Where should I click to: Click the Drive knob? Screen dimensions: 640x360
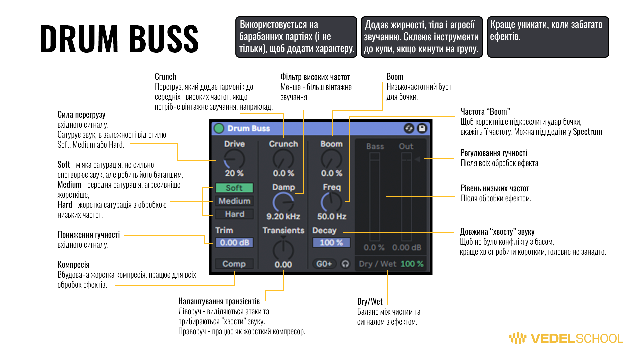coord(234,159)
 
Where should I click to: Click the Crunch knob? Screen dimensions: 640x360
coord(283,159)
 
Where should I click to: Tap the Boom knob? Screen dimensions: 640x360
coord(331,159)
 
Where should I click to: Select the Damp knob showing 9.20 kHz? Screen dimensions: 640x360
coord(283,202)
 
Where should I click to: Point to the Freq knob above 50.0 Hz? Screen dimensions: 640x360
coord(331,202)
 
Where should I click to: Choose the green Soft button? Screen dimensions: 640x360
coord(234,188)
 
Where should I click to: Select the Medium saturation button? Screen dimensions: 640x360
coord(234,201)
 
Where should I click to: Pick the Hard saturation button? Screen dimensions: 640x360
coord(234,214)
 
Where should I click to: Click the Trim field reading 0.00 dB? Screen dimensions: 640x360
coord(234,243)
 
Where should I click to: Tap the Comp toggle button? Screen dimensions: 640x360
coord(234,264)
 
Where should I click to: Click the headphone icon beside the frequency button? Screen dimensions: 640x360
coord(345,264)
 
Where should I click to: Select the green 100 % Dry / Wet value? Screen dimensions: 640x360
coord(412,264)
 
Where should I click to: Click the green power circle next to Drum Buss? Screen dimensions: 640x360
coord(219,128)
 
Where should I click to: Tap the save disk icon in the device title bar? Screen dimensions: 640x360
coord(422,128)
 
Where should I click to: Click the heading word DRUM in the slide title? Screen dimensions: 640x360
coord(79,39)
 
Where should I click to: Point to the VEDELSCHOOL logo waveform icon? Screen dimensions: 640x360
coord(517,338)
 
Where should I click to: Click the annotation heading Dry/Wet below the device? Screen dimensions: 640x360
coord(370,302)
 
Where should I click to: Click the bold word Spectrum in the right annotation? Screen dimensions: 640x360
coord(587,132)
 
